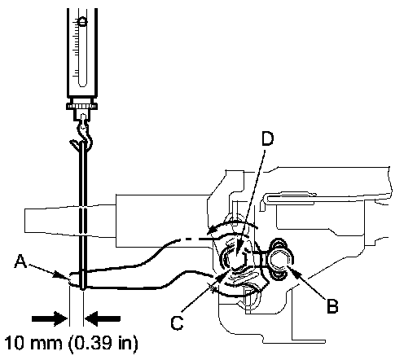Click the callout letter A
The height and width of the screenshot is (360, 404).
pos(20,261)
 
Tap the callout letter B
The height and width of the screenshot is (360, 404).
pos(332,306)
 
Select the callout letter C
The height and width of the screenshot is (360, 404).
pos(177,323)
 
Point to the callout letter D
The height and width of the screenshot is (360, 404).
pos(267,138)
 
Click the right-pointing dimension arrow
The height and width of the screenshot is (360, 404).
pos(50,318)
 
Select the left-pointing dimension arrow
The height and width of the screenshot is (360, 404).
pos(103,318)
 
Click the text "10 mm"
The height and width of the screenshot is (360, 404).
pos(33,343)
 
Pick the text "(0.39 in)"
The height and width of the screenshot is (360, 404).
pos(103,344)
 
